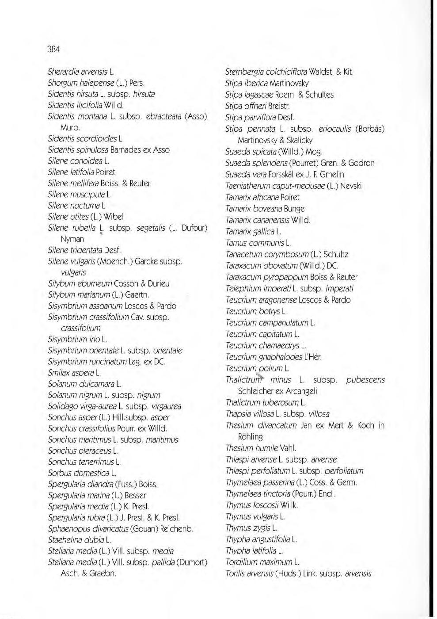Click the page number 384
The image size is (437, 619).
[x=53, y=49]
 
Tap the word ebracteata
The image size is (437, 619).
[x=163, y=116]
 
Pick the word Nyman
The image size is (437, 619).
[x=72, y=239]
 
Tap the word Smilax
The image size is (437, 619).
[x=58, y=373]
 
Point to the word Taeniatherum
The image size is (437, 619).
[x=249, y=186]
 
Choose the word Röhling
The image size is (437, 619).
[x=250, y=437]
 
